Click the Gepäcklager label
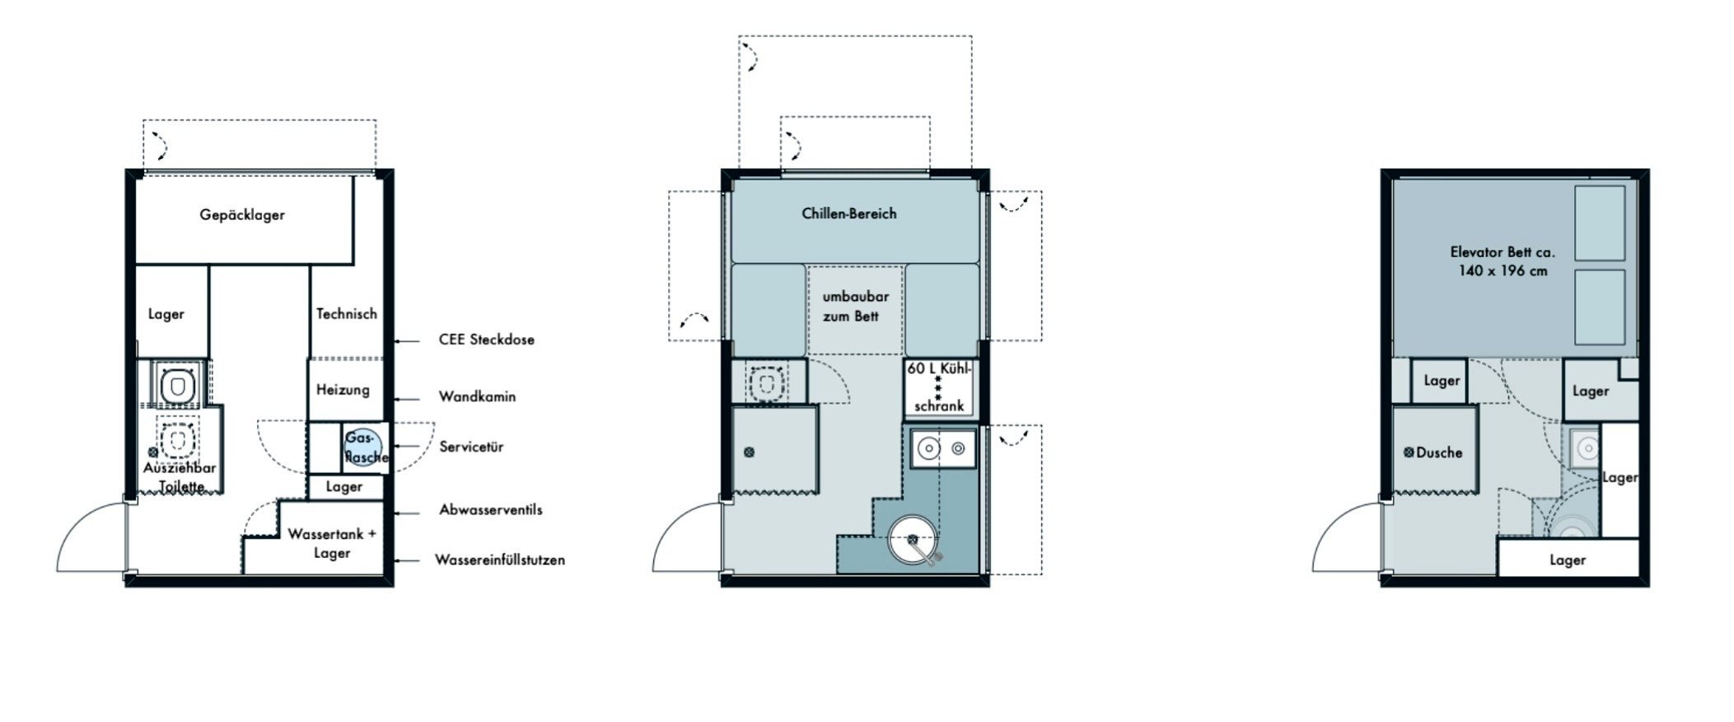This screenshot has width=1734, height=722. click(242, 215)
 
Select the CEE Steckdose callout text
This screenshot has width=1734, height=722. click(486, 340)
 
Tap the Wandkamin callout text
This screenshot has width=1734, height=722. click(477, 396)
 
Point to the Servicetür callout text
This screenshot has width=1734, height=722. click(471, 447)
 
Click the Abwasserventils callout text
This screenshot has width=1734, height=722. click(491, 509)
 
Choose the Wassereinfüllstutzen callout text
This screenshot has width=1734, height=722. click(500, 560)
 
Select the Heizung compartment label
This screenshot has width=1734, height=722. click(343, 390)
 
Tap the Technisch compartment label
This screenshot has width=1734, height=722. click(347, 314)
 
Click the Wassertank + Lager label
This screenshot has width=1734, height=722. click(332, 543)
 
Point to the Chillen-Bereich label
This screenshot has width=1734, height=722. click(849, 213)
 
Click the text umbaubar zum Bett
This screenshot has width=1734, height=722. click(855, 306)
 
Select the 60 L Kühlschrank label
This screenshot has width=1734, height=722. click(939, 387)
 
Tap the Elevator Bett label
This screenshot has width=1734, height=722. click(1503, 261)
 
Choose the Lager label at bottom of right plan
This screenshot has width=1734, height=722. click(1567, 560)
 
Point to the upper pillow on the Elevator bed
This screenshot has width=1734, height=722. click(1600, 223)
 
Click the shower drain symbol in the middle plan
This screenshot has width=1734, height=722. click(749, 452)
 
